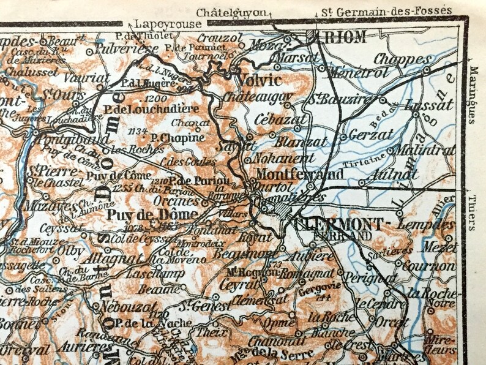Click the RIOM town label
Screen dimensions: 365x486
[x=344, y=37]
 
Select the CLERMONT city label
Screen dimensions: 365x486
[x=341, y=223]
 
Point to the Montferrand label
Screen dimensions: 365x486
[x=299, y=173]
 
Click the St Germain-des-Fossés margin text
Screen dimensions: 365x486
[x=395, y=10]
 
